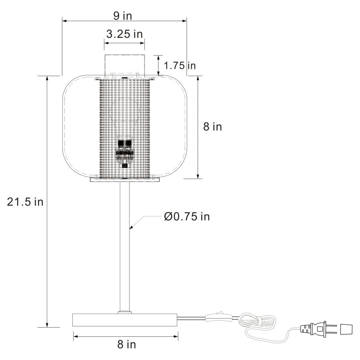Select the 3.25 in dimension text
pos(124,34)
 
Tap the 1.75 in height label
pos(181,65)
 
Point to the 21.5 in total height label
pos(25,202)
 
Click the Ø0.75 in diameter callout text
pos(187,217)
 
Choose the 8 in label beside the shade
pos(212,127)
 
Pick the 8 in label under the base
pos(126,344)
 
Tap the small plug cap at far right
pos(346,329)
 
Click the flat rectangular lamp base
pos(125,320)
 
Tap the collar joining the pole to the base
pos(125,312)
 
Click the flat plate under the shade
pos(125,180)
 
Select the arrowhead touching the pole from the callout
pos(130,227)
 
